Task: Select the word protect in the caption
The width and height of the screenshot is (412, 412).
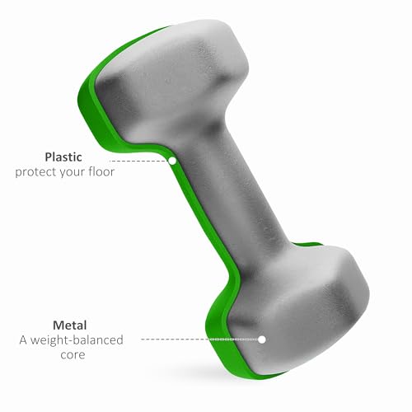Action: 35,171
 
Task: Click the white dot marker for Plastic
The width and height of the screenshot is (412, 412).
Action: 172,161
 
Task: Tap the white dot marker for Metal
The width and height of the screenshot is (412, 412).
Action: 262,339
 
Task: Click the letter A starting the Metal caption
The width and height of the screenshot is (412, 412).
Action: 23,339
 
